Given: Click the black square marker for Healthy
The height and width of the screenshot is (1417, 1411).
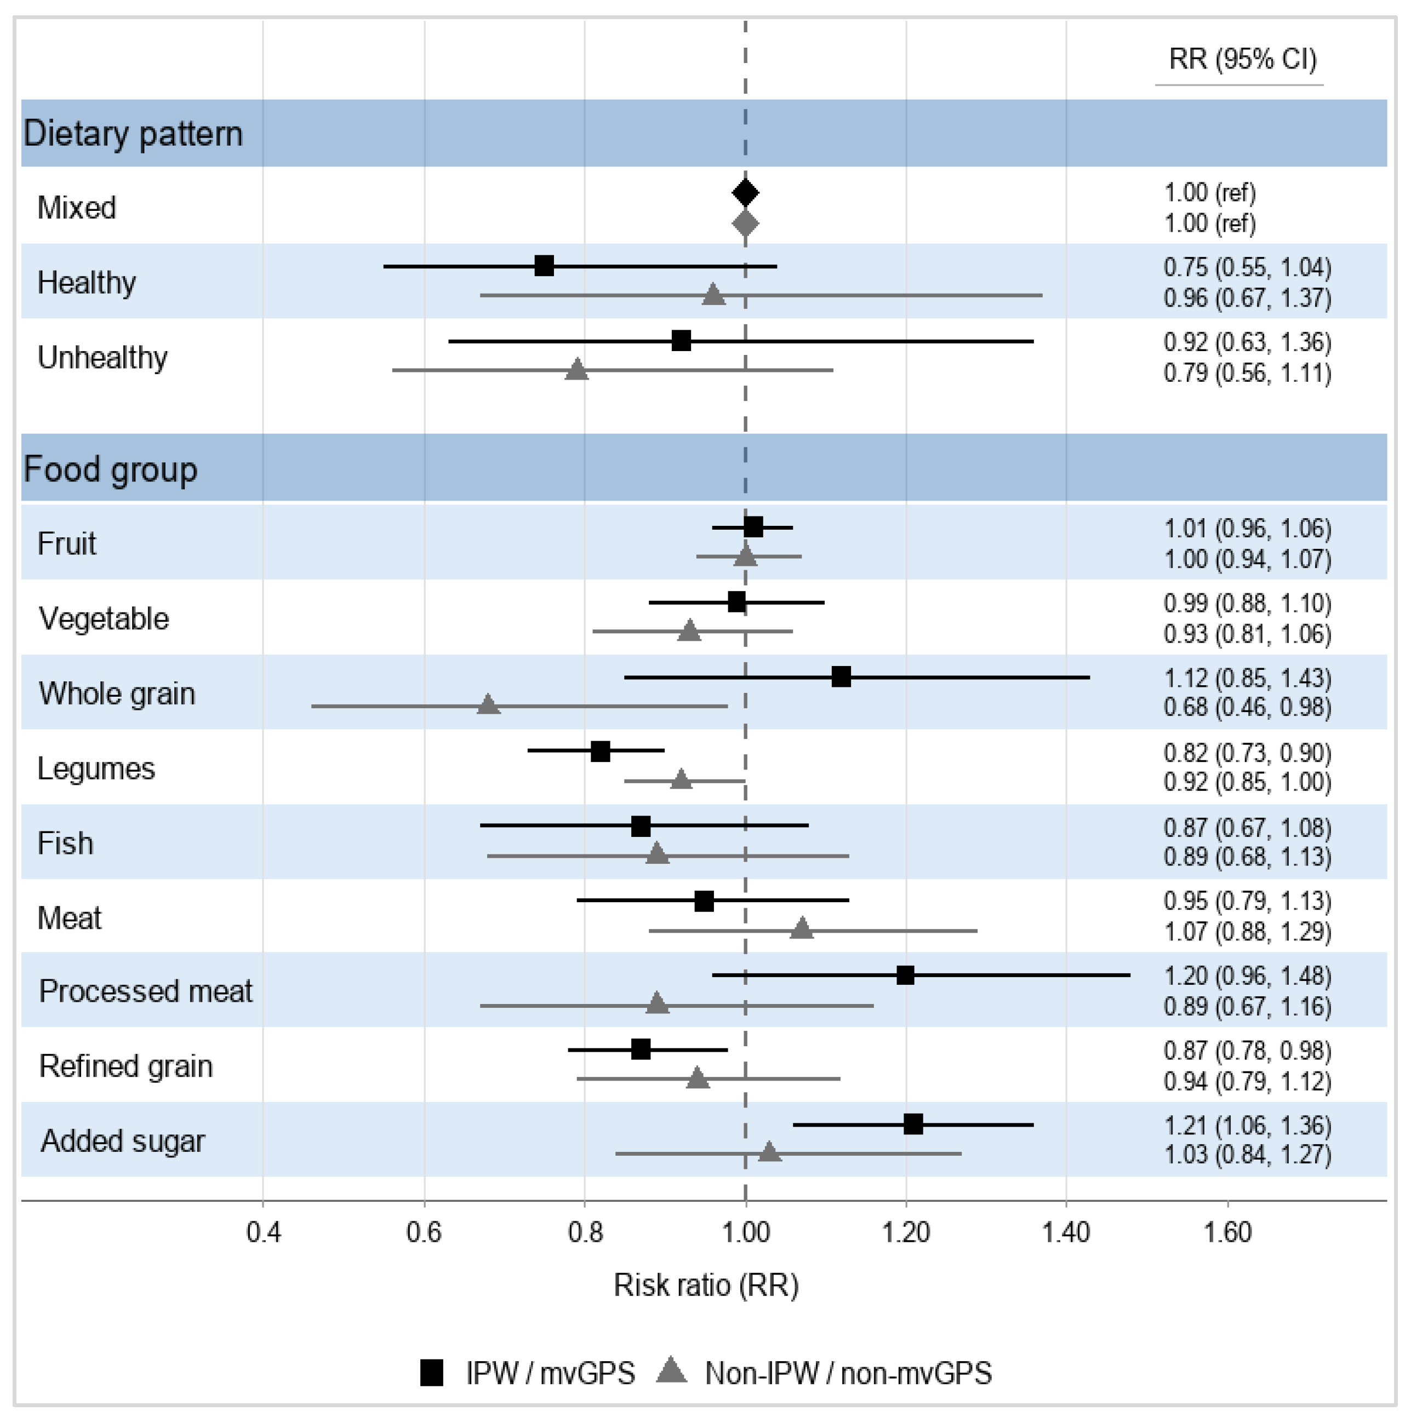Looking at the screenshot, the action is point(544,266).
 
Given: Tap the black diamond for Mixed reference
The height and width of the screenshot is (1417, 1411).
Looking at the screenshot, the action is point(745,193).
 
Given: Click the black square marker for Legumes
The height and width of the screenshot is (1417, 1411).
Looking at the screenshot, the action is point(600,751).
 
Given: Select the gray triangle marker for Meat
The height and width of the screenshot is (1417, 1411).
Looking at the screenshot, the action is point(803,928).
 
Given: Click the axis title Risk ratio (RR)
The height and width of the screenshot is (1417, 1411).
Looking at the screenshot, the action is point(706,1285).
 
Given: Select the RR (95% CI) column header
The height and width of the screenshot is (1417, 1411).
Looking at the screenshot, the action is point(1243,59).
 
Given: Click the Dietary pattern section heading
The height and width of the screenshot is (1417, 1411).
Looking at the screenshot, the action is point(133,134).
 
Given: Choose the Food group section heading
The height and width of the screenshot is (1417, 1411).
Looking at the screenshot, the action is point(111,469).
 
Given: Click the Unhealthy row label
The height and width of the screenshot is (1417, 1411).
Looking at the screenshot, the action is point(102,358).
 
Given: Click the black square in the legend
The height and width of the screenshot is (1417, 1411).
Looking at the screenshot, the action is point(431,1372).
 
